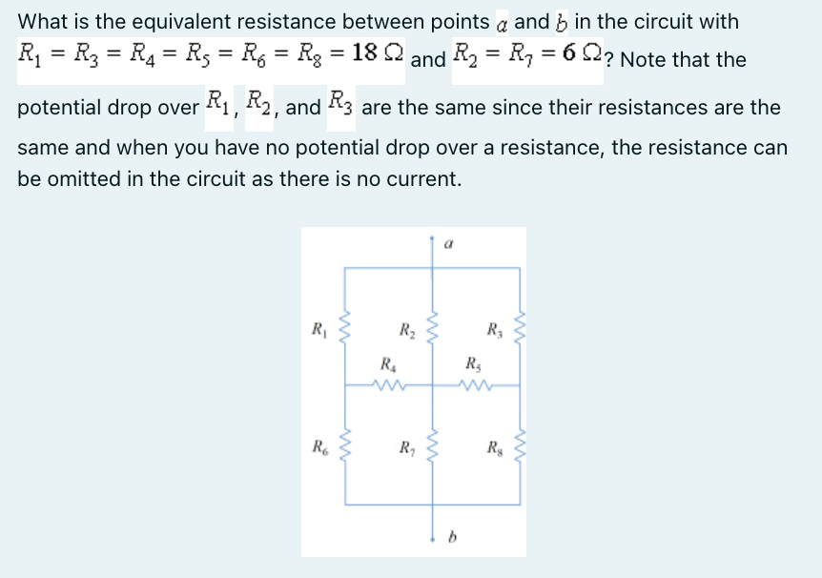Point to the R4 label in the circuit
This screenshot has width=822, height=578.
pos(386,363)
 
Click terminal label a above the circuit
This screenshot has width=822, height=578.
pos(448,244)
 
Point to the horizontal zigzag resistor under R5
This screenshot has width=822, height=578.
pos(474,386)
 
